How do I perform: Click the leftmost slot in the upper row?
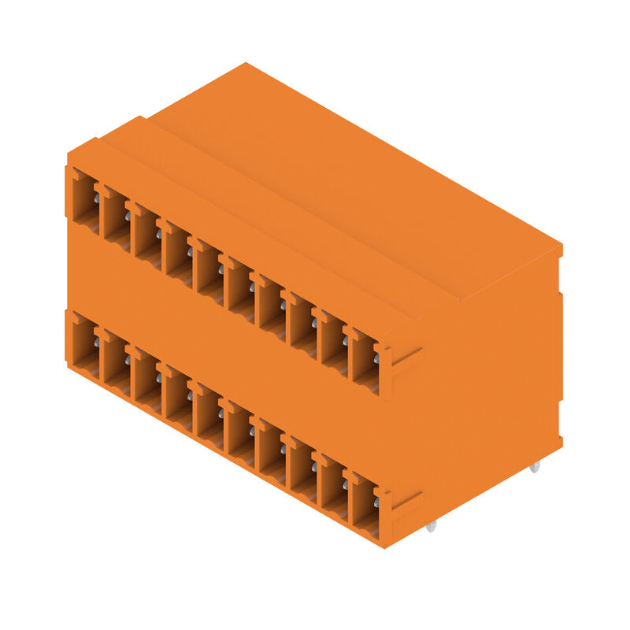[x=85, y=201]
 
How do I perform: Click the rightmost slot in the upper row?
[x=363, y=360]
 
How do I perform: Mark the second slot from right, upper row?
[x=332, y=343]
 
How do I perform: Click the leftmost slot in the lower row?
[x=85, y=346]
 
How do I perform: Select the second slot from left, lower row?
[x=116, y=363]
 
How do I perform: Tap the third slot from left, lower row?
[x=146, y=379]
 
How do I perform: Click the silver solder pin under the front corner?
[x=431, y=525]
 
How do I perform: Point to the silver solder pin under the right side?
[x=535, y=466]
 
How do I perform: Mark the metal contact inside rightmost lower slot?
[x=376, y=502]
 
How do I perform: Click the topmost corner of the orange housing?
[x=246, y=64]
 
